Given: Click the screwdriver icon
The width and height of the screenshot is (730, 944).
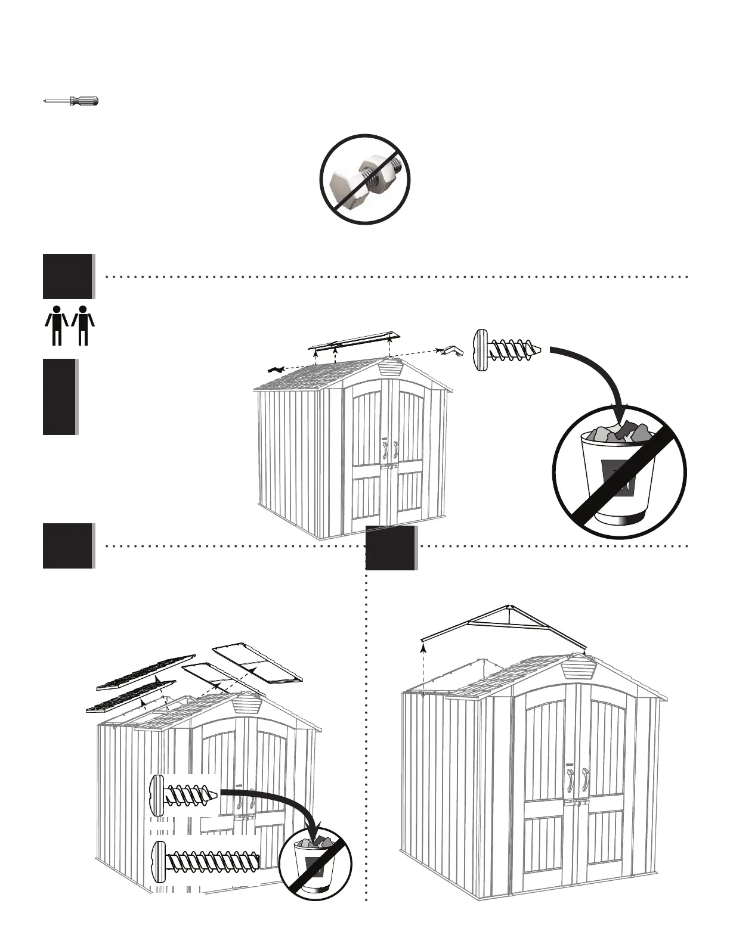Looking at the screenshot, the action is click(x=72, y=101).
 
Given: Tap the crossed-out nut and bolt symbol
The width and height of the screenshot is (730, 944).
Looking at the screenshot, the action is click(x=365, y=179).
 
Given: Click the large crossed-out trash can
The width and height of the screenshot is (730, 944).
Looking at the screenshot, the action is click(x=620, y=471).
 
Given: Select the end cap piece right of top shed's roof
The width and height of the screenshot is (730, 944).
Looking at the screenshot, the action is click(x=451, y=351).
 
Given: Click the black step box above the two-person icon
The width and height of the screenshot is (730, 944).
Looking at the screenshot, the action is click(x=68, y=276).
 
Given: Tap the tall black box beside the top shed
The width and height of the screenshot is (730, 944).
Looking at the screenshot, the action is click(x=60, y=396).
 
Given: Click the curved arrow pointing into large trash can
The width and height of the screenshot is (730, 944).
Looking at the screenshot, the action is click(x=596, y=375).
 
